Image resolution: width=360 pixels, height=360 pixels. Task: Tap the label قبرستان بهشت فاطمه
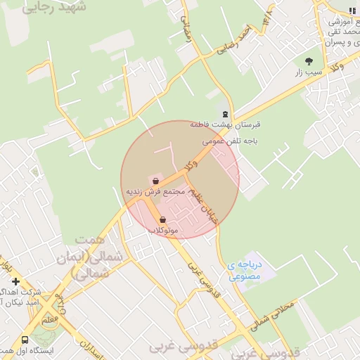coord(226,124)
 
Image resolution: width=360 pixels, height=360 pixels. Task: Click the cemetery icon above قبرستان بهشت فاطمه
coord(225,113)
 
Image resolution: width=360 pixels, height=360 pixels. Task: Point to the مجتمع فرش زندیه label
coord(155,191)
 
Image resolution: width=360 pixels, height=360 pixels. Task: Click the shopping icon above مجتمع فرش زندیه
coord(155,181)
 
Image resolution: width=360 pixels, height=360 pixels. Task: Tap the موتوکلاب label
coord(164,231)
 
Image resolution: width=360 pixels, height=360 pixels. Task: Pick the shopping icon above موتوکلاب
coord(162,219)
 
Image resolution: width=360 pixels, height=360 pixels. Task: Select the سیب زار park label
coord(309,72)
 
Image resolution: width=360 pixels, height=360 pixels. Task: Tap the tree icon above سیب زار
coord(309,60)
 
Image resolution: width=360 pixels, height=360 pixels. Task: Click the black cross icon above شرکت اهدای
coord(15,281)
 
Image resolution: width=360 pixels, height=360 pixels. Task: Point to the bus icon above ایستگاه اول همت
coord(25,338)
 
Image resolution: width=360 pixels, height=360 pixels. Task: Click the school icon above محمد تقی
coord(351,10)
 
